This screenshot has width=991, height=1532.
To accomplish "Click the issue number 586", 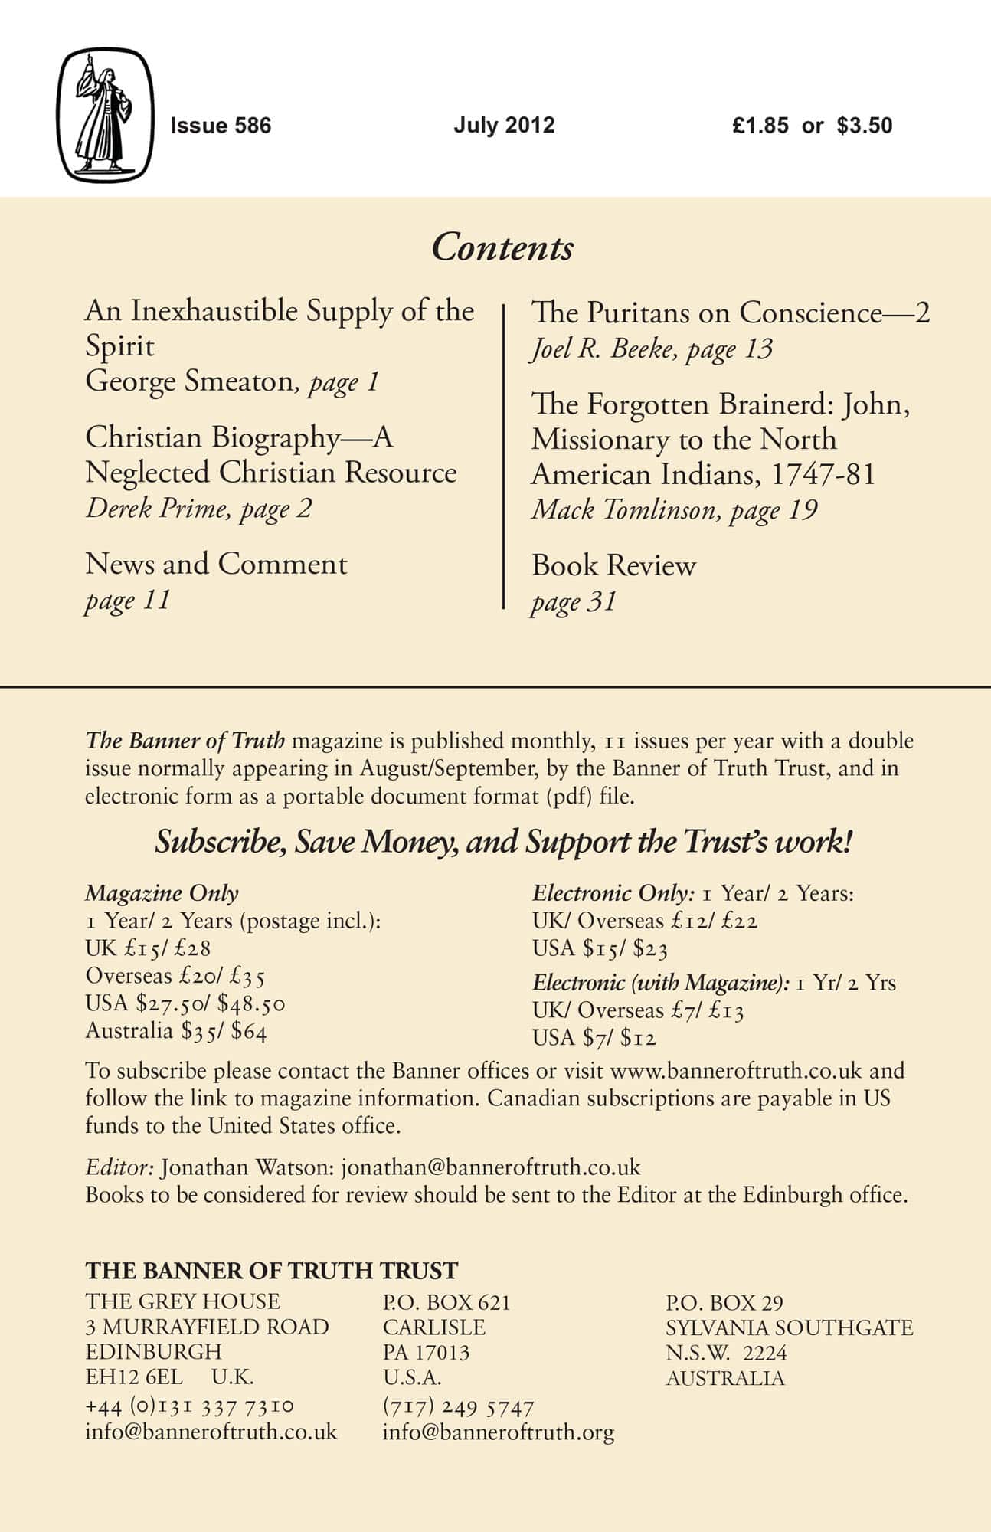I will (x=252, y=126).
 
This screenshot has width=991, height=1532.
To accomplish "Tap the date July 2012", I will (x=503, y=125).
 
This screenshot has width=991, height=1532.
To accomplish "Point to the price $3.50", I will (x=864, y=126).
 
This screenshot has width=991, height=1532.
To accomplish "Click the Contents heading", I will (x=502, y=247).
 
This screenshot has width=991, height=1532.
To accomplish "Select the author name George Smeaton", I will (x=189, y=381).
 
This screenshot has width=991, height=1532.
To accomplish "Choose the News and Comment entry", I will (x=216, y=564).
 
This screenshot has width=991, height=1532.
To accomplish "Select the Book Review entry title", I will (x=613, y=565).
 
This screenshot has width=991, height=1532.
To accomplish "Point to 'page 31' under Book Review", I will (x=574, y=601).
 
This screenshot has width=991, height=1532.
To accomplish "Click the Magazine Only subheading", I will (x=162, y=893).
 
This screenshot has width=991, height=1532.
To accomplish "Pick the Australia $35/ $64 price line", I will (x=176, y=1031).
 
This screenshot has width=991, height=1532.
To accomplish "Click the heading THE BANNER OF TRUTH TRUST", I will (x=271, y=1271).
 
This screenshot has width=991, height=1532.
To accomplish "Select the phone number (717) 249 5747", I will (x=458, y=1407).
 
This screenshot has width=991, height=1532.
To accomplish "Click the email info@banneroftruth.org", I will (x=498, y=1432).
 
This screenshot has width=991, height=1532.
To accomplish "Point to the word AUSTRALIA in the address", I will (x=724, y=1379).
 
